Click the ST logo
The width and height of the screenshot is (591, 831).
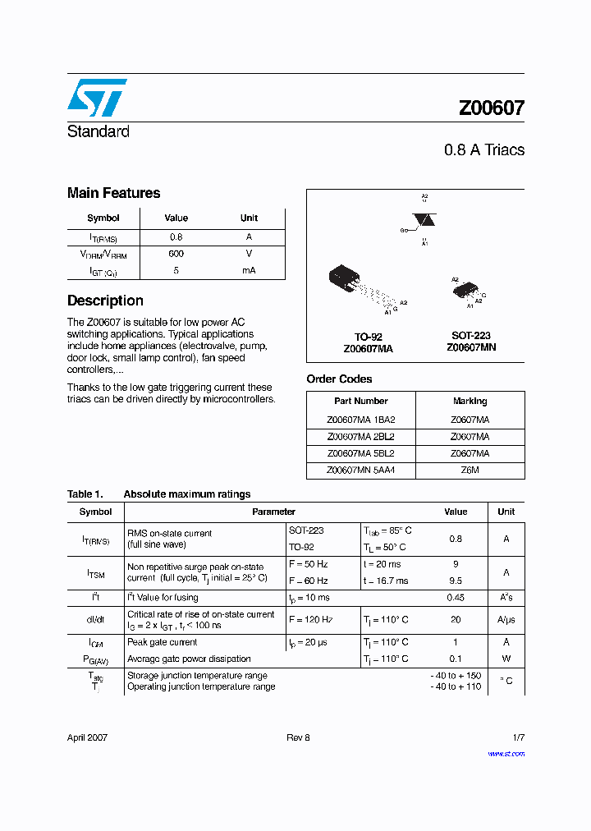click(x=97, y=98)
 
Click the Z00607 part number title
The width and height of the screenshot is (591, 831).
click(x=491, y=108)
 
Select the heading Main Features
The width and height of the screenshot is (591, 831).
click(x=113, y=193)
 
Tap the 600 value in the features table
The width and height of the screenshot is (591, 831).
click(x=176, y=254)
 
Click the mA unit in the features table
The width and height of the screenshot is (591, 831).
click(x=249, y=270)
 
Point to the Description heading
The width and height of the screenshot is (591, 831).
click(x=105, y=301)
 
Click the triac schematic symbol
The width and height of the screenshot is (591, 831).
click(x=424, y=220)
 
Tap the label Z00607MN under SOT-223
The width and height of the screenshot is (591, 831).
click(x=471, y=347)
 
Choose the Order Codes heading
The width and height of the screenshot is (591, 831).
click(x=339, y=379)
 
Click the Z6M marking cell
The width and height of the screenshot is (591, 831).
click(x=470, y=471)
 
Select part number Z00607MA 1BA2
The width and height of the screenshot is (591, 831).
click(x=360, y=419)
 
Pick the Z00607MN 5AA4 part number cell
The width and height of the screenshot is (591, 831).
click(x=360, y=471)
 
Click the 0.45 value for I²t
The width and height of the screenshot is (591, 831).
click(x=456, y=598)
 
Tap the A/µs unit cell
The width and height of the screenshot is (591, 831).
click(x=506, y=620)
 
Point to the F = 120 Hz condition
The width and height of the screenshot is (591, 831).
click(x=310, y=620)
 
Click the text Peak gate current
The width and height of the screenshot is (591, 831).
click(x=162, y=642)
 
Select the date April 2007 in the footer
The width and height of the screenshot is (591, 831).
click(x=87, y=737)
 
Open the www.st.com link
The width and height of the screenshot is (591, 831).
click(x=506, y=753)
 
